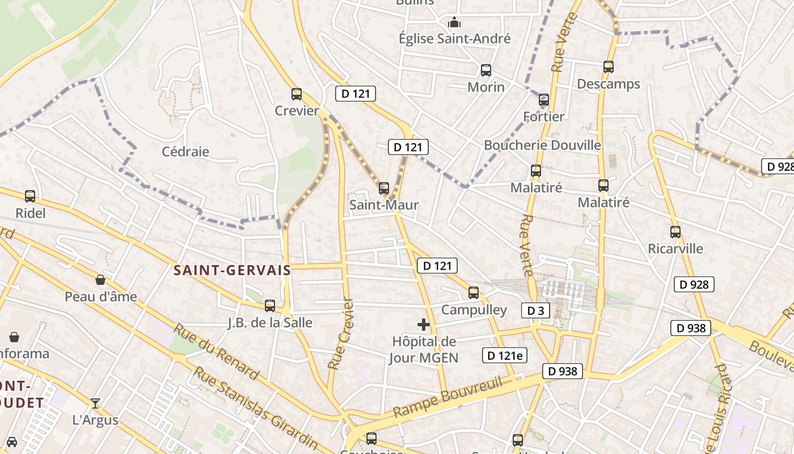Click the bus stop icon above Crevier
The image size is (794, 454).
click(x=297, y=94)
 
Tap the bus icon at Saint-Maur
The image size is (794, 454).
click(x=384, y=188)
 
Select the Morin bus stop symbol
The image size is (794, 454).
click(x=486, y=70)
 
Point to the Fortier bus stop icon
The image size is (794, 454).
click(x=544, y=100)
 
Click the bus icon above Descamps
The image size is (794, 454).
click(x=609, y=67)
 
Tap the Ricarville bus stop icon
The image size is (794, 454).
click(x=675, y=232)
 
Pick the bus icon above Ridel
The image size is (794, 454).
click(x=30, y=196)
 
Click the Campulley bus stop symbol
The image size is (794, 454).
click(x=474, y=293)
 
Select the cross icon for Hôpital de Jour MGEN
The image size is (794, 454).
click(x=424, y=325)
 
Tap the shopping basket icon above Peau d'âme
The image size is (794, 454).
click(x=100, y=280)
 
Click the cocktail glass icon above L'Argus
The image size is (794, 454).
click(x=95, y=403)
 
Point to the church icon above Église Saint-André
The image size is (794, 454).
click(x=454, y=23)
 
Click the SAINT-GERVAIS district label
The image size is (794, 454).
click(x=232, y=271)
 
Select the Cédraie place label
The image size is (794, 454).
click(x=185, y=152)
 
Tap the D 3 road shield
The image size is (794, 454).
click(x=535, y=310)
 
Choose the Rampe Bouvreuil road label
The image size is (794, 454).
click(x=448, y=397)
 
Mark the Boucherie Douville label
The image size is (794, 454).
click(x=542, y=145)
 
